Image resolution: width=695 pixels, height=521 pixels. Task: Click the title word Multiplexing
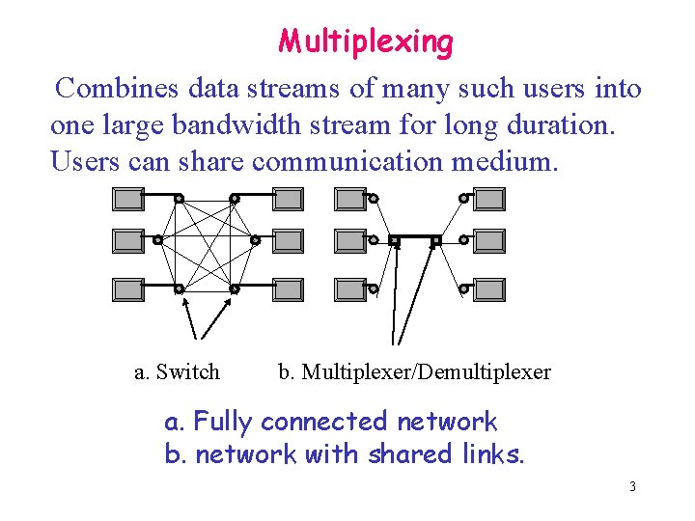coord(366,41)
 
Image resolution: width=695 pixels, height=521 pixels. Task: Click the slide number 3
coord(632,486)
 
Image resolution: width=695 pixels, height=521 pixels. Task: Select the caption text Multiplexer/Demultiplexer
coord(427,371)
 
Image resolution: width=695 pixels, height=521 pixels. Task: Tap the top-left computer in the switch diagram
coord(127,200)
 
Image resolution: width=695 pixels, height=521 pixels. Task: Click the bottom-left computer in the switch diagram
coord(127,288)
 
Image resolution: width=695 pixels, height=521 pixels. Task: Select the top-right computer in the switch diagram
coord(287,200)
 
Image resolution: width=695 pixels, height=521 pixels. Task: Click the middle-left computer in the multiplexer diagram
coord(349,239)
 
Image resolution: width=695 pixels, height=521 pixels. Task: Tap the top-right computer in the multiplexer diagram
coord(488,200)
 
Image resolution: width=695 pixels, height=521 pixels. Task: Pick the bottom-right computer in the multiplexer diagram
coord(488,288)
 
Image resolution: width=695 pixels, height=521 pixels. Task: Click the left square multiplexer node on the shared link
coord(394,239)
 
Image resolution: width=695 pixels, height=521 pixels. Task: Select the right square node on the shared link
coord(436,239)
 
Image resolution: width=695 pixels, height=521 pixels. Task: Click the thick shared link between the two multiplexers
coord(415,238)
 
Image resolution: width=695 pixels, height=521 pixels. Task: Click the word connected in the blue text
coord(323,422)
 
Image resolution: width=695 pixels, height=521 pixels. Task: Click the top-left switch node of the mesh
coord(179,199)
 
